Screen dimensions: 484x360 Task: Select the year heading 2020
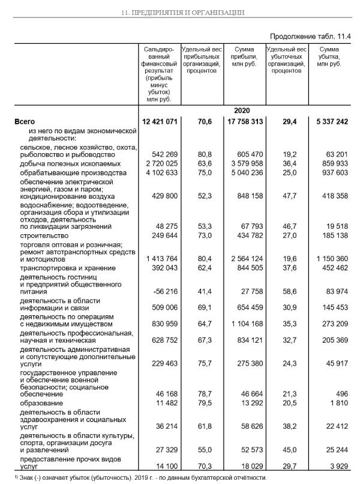(x=242, y=110)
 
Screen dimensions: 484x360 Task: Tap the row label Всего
(x=25, y=122)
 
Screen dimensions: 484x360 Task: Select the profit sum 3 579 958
(x=244, y=164)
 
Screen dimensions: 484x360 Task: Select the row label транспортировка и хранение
(x=64, y=267)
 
